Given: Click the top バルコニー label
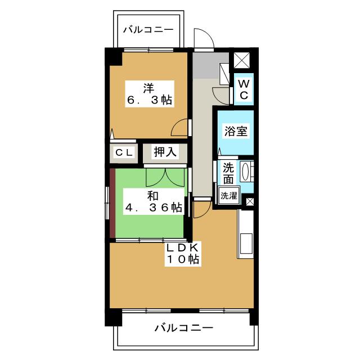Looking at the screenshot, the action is pyautogui.click(x=148, y=30).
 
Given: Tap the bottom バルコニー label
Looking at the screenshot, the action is pyautogui.click(x=183, y=327).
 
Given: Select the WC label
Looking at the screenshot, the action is pyautogui.click(x=244, y=89).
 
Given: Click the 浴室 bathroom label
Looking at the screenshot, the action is pyautogui.click(x=236, y=131).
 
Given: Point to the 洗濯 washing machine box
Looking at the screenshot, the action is pyautogui.click(x=228, y=196).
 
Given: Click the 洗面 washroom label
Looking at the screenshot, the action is pyautogui.click(x=228, y=173).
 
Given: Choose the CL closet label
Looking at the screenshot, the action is pyautogui.click(x=124, y=152).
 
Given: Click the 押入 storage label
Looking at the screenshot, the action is pyautogui.click(x=165, y=152).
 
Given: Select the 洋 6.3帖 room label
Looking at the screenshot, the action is pyautogui.click(x=150, y=94).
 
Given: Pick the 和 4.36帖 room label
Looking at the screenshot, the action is pyautogui.click(x=154, y=201).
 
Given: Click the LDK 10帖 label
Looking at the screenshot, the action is pyautogui.click(x=183, y=254).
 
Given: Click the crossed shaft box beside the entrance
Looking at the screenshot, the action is pyautogui.click(x=241, y=60).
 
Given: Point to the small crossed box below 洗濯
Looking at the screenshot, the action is pyautogui.click(x=250, y=201).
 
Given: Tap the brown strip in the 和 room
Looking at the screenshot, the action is pyautogui.click(x=112, y=204).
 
